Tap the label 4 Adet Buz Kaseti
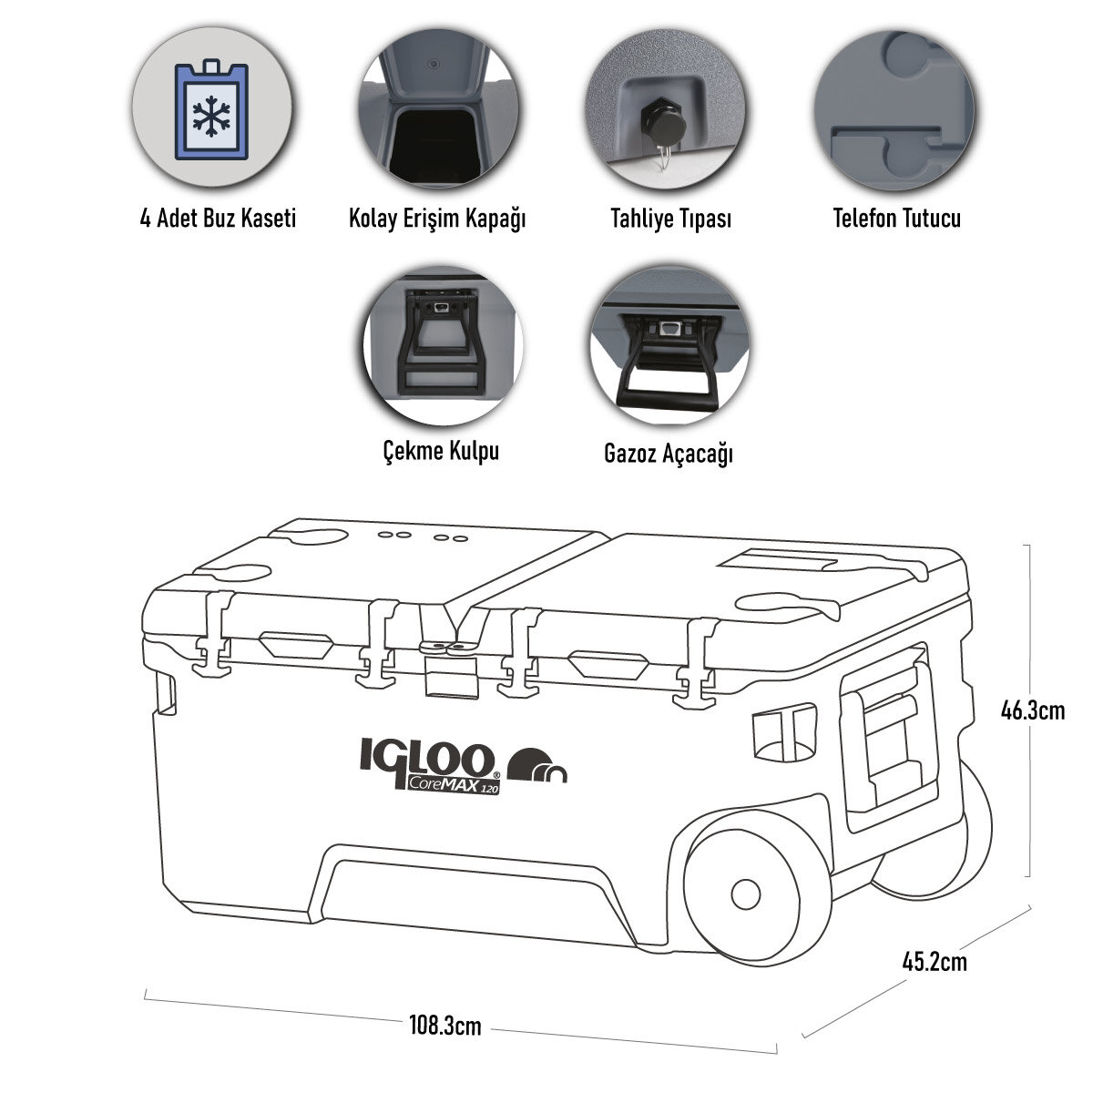coord(219,220)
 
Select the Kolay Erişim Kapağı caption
coord(438,220)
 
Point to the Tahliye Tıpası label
coord(671,220)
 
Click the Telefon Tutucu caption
coord(896,219)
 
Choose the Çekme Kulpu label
coord(440,451)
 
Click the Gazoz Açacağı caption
coord(669,453)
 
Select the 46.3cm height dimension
coord(1032,710)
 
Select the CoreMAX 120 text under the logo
coord(453,787)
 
